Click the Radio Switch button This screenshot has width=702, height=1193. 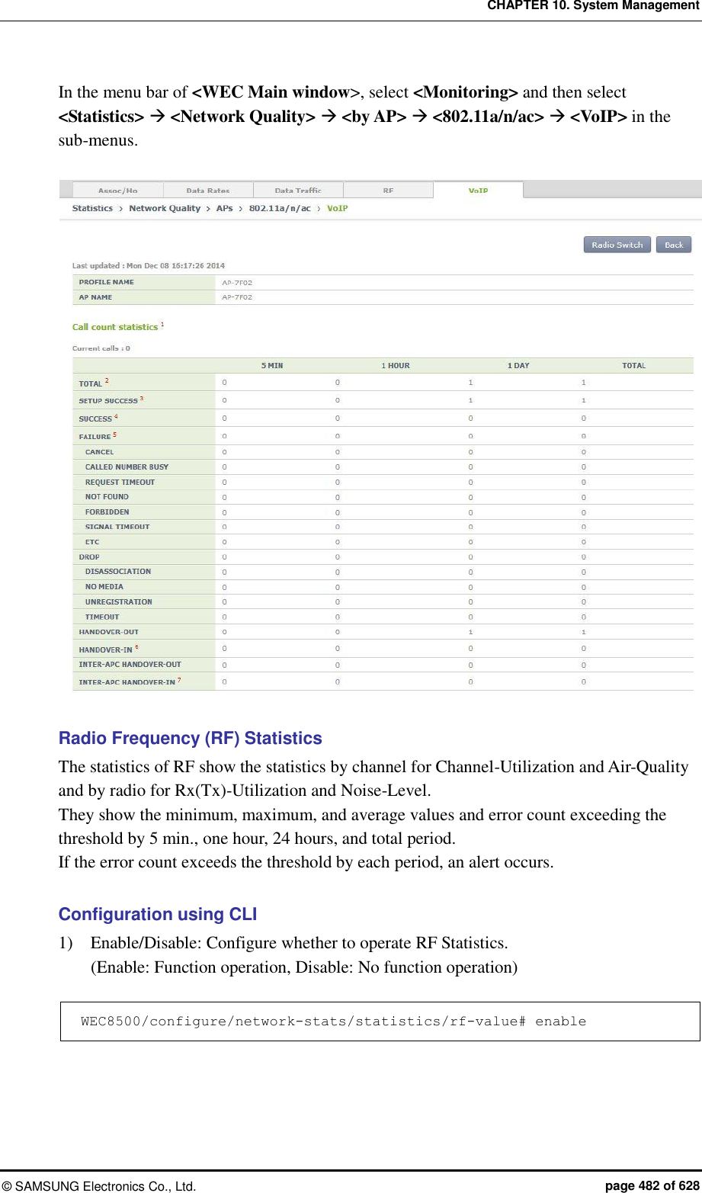617,245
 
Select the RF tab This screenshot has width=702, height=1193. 388,191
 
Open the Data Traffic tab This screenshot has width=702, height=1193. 298,191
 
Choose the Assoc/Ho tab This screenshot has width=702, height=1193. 117,191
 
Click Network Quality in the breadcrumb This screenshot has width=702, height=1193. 165,208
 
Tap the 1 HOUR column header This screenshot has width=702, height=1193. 396,366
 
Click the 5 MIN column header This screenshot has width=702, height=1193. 272,366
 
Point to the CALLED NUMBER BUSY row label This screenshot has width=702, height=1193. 127,467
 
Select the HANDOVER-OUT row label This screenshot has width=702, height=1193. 109,632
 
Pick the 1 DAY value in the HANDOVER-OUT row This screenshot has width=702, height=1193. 470,632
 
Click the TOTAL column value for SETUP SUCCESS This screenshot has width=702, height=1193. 584,400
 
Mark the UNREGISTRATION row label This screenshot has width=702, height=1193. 118,601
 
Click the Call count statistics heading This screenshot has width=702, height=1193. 115,327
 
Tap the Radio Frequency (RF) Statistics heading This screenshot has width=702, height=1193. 190,738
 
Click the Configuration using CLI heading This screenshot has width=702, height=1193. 157,914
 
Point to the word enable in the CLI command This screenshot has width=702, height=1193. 560,1021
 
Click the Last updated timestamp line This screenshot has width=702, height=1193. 149,266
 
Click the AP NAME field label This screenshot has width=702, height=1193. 95,297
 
